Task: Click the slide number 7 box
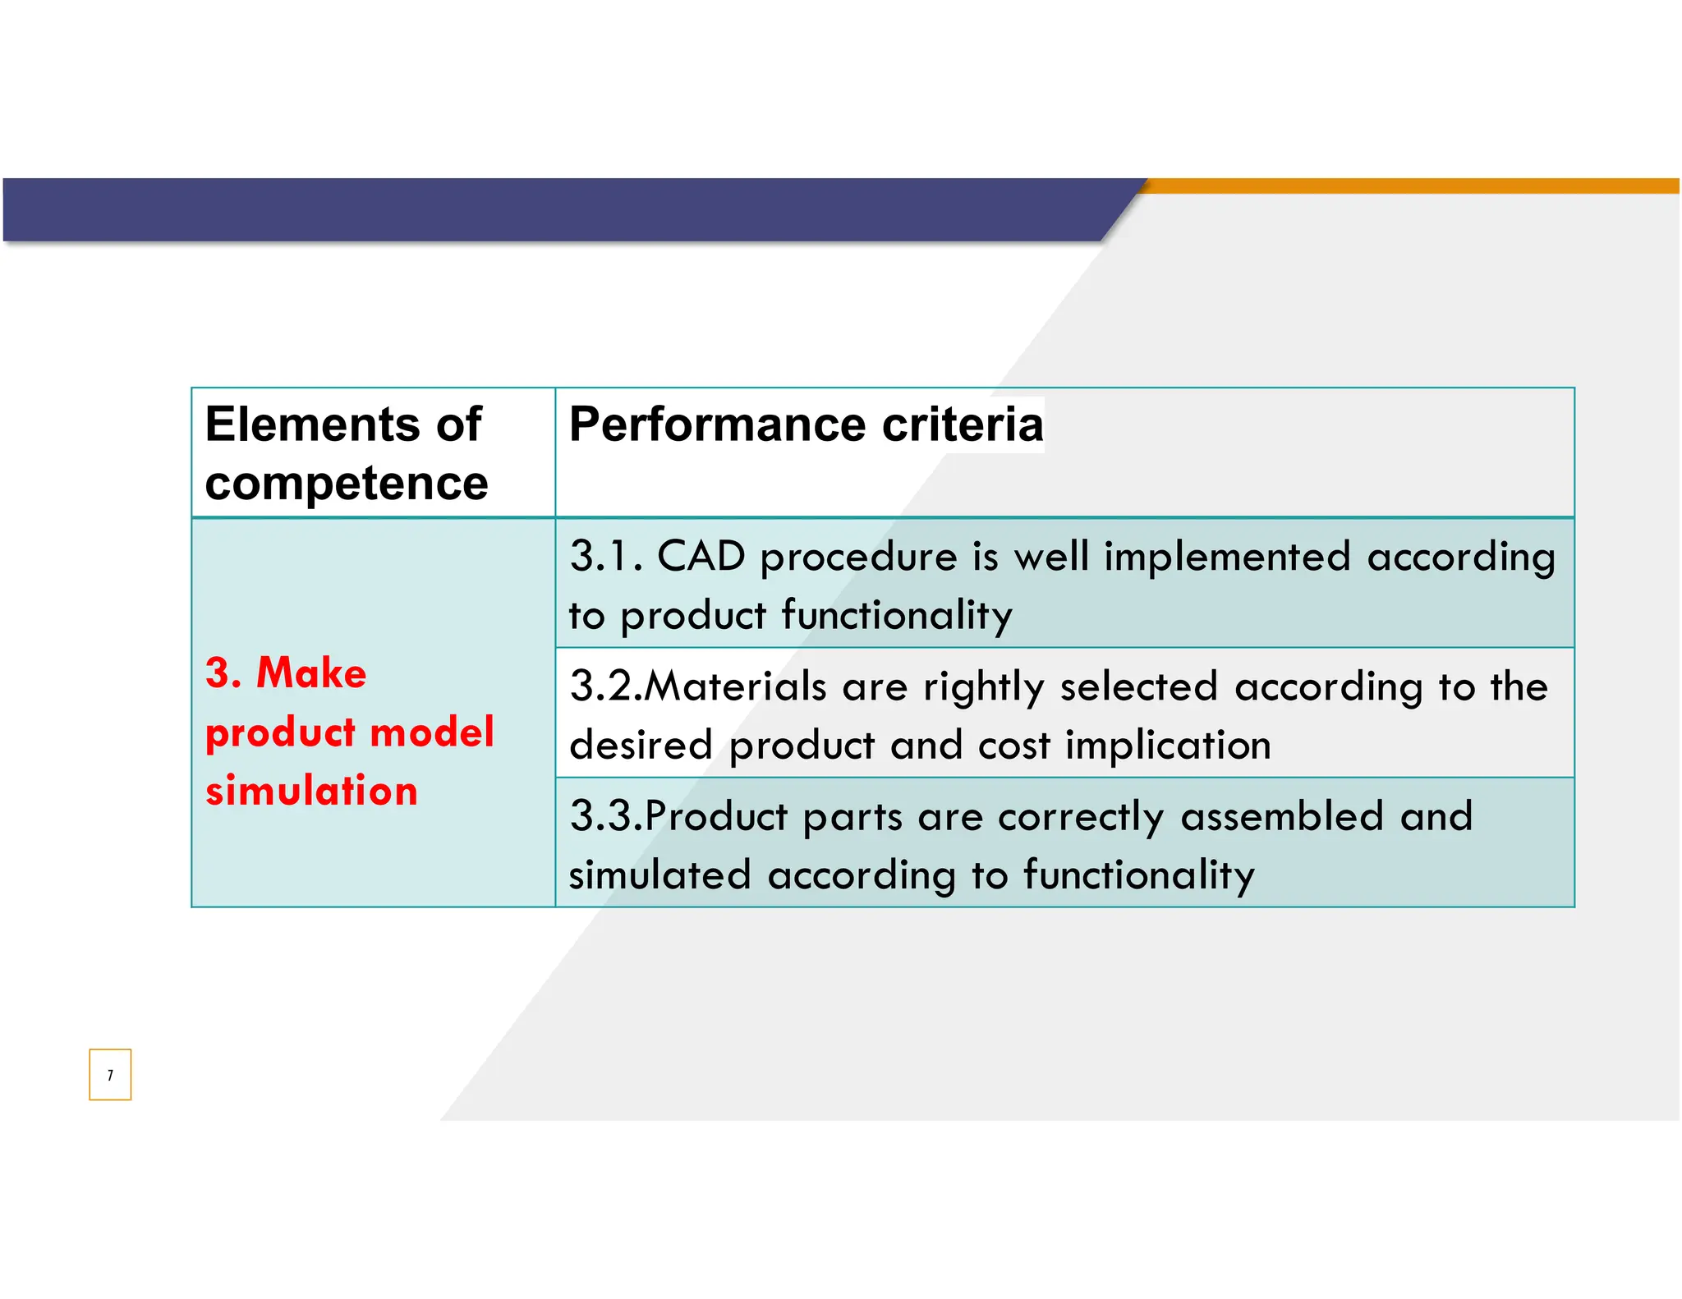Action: click(110, 1074)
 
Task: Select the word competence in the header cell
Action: click(346, 483)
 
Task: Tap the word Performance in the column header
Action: click(717, 425)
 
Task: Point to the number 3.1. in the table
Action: click(606, 557)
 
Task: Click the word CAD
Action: click(701, 557)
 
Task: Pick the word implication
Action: click(1168, 746)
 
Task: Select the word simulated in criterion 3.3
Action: click(659, 875)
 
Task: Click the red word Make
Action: click(311, 673)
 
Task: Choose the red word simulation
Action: click(311, 792)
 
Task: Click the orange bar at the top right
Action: click(1413, 186)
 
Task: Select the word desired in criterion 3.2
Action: click(641, 746)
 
